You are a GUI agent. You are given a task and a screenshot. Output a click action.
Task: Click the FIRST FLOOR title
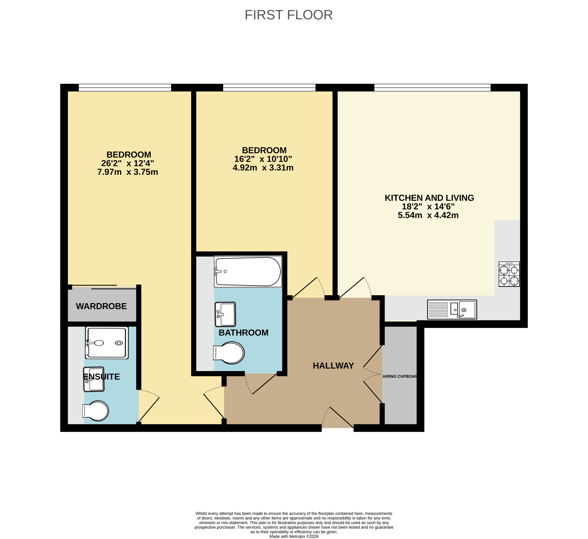[x=288, y=15]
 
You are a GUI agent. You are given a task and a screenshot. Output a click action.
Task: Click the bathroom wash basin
[x=225, y=314]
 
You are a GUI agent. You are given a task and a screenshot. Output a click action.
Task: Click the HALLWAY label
[x=333, y=366]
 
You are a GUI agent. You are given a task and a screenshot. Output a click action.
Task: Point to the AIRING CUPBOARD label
[x=400, y=376]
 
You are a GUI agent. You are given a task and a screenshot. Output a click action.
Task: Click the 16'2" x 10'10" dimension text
[x=263, y=159]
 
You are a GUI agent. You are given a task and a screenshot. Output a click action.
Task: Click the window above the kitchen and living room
[x=432, y=87]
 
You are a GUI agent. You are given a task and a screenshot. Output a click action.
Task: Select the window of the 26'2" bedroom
[x=125, y=87]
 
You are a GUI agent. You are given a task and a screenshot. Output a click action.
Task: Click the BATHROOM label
[x=244, y=333]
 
